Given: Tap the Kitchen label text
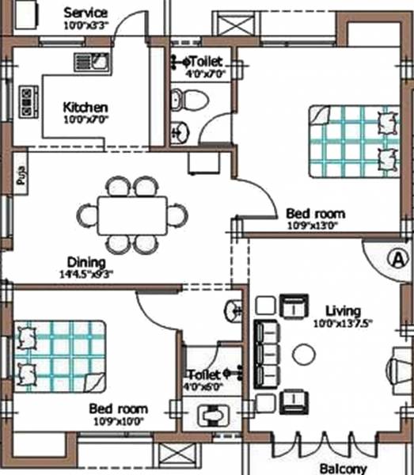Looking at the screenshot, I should pyautogui.click(x=85, y=107).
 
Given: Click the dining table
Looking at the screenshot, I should pyautogui.click(x=132, y=215).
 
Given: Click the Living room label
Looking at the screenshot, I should pyautogui.click(x=342, y=310).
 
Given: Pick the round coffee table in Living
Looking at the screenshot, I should pyautogui.click(x=304, y=354).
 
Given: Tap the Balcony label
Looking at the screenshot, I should pyautogui.click(x=344, y=468).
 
